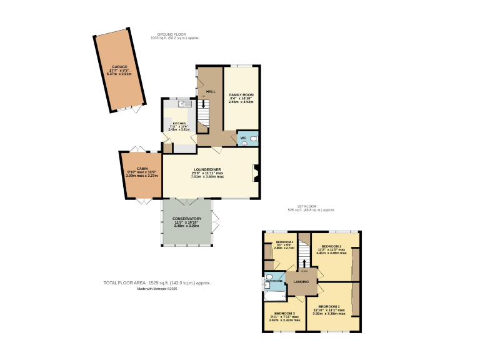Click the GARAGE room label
tap(119, 66)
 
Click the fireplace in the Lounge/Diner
tap(254, 172)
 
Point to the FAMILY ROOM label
tap(241, 94)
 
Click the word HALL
tap(211, 91)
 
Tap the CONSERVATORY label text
tap(187, 218)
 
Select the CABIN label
tap(142, 169)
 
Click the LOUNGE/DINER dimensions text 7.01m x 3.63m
tap(207, 177)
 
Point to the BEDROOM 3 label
tap(284, 313)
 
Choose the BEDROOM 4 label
tap(284, 241)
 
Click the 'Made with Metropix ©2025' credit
tap(157, 289)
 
